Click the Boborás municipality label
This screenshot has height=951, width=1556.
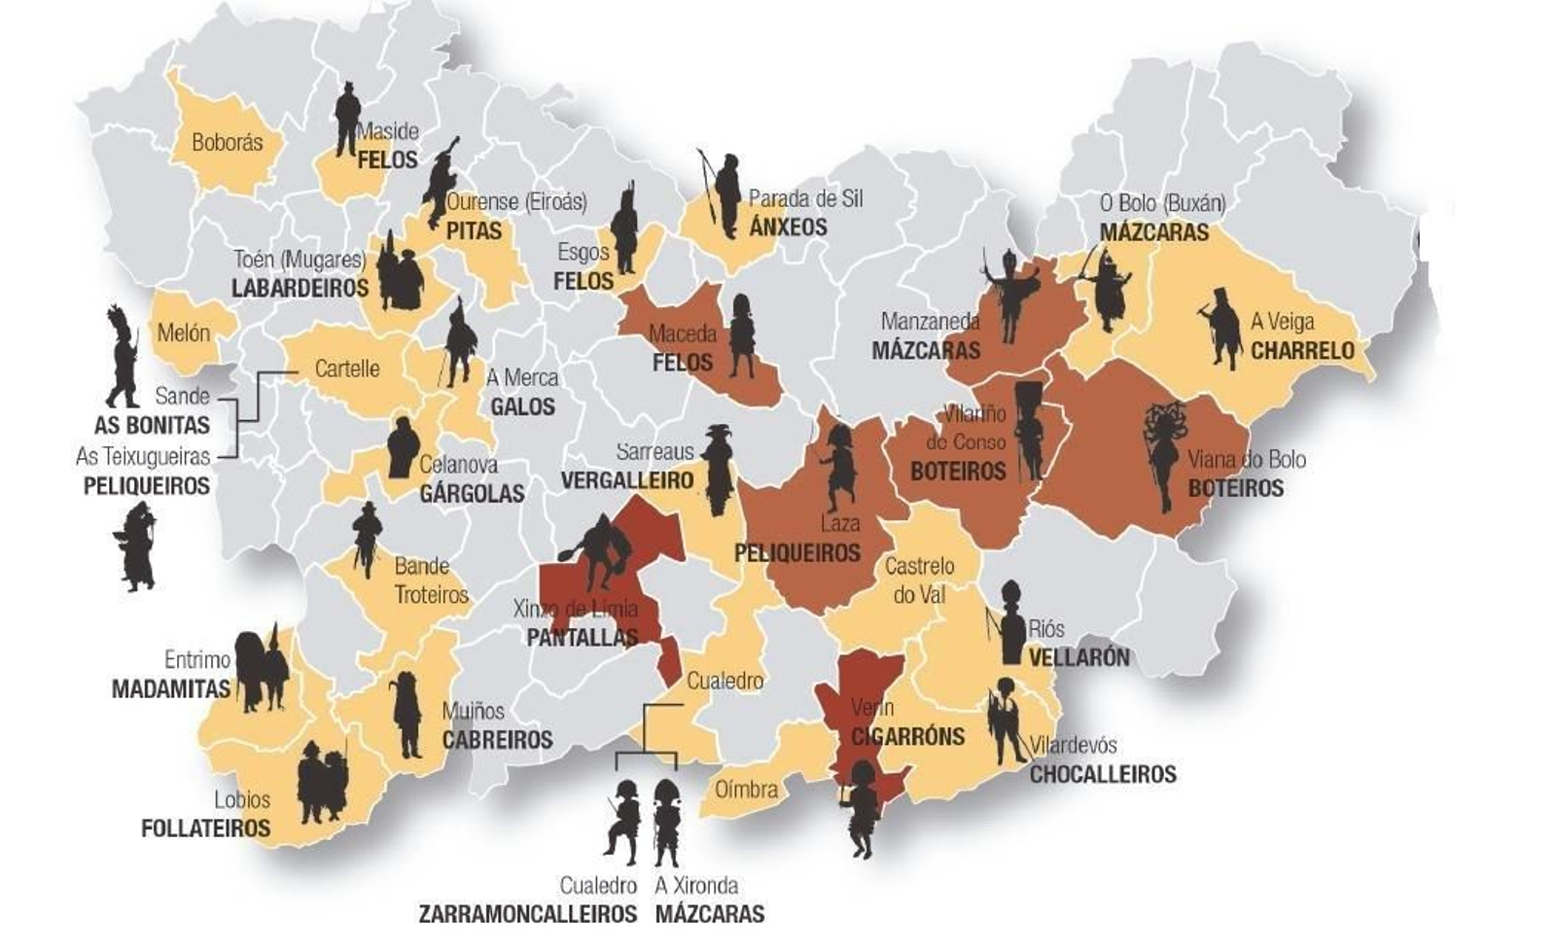(x=227, y=142)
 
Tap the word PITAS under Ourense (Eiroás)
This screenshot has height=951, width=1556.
(x=474, y=231)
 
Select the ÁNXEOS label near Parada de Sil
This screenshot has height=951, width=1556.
(x=788, y=228)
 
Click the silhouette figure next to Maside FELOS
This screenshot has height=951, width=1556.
(x=346, y=119)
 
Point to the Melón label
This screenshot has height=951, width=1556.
(x=184, y=334)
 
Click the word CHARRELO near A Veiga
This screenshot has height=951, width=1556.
(x=1302, y=350)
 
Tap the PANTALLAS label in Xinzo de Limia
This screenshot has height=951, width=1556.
(x=582, y=638)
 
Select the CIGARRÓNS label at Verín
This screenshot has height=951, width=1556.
(x=907, y=736)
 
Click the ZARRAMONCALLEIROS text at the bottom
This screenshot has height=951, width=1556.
(x=527, y=914)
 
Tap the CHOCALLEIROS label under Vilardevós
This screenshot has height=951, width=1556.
(x=1103, y=774)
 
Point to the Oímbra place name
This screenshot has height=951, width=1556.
(x=746, y=790)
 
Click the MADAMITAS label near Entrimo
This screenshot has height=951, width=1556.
(x=170, y=689)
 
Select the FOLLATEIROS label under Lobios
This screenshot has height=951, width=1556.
(x=205, y=828)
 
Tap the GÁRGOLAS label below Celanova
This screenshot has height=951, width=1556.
(x=472, y=494)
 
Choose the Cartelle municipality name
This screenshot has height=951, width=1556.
(x=347, y=370)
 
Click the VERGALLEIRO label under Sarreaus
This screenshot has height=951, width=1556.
(x=627, y=480)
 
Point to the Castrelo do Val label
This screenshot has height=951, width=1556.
(x=919, y=580)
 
